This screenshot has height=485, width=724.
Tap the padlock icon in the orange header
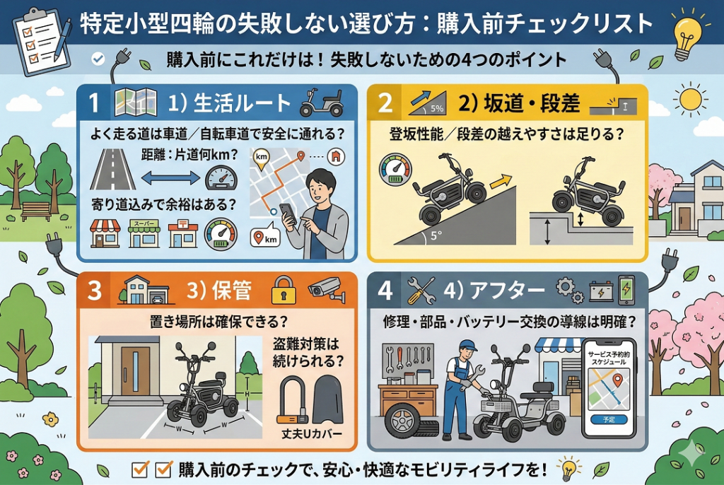pos(283,290)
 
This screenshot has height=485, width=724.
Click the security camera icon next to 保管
pos(326,288)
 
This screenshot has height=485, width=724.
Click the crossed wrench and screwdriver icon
pos(421,290)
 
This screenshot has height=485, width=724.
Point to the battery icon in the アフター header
pos(600,291)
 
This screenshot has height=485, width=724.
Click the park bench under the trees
pos(35,210)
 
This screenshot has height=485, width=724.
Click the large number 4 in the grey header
pos(385,290)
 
